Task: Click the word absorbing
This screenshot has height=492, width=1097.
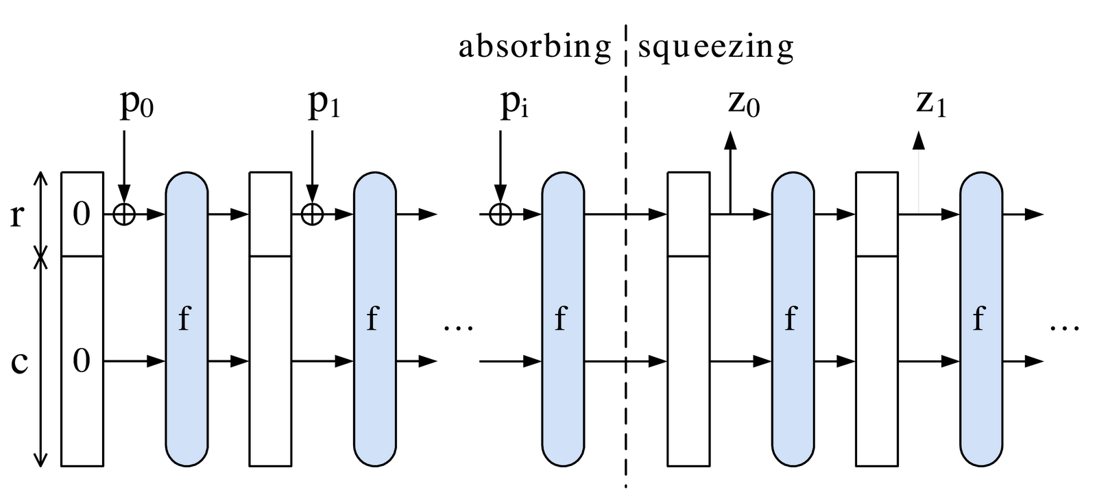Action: tap(534, 47)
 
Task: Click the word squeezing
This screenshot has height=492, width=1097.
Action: tap(716, 47)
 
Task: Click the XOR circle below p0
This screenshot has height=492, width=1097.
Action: tap(124, 214)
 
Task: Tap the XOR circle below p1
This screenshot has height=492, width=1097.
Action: tap(312, 214)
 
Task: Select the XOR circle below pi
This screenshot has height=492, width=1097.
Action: tap(501, 214)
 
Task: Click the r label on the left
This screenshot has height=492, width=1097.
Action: tap(19, 215)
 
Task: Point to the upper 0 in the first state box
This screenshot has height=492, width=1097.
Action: tap(82, 214)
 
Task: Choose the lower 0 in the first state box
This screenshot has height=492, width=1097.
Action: tap(82, 361)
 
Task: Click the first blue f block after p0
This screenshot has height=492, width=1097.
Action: tap(186, 319)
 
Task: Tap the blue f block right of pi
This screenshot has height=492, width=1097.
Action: tap(563, 319)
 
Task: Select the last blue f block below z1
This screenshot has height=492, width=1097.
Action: tap(980, 319)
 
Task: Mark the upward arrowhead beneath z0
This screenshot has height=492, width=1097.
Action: tap(731, 140)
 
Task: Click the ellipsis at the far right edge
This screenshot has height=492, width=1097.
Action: tap(1064, 328)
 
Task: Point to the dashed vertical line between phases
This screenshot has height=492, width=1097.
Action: tap(625, 274)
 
